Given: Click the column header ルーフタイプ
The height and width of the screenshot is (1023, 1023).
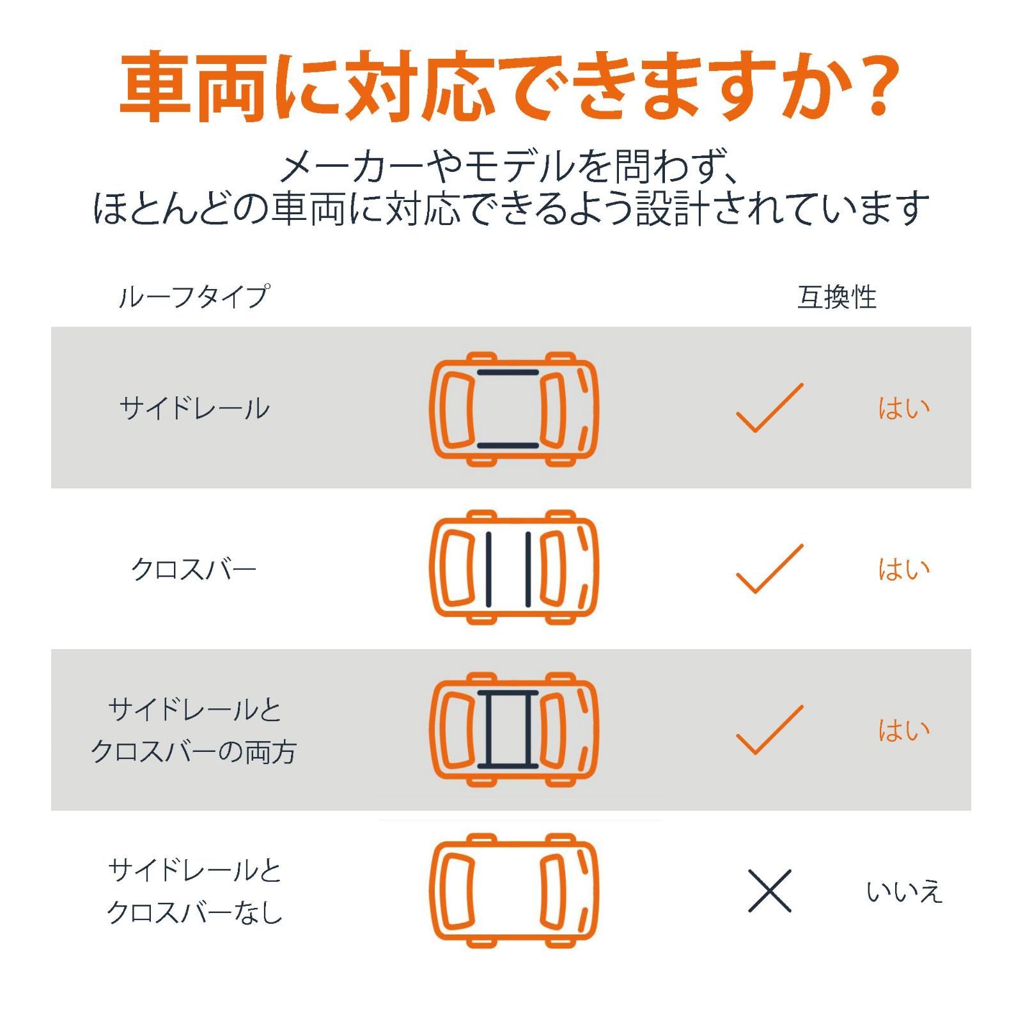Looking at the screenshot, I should pos(194,297).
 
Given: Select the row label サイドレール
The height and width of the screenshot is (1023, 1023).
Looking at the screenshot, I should pos(194,409).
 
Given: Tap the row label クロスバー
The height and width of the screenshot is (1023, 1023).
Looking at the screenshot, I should pos(194,569).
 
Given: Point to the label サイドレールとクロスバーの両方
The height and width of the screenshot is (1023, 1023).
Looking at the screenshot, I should pos(194,731).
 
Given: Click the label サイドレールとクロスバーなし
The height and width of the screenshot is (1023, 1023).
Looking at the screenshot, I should pos(194,891).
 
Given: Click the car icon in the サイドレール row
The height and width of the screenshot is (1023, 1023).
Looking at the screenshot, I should pos(513,409).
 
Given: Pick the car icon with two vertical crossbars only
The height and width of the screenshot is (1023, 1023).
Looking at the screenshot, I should pos(513,568).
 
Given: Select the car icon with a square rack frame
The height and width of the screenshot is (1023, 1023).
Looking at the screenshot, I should pos(513,730).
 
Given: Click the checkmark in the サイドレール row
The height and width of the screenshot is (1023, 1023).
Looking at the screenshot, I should pos(769,409).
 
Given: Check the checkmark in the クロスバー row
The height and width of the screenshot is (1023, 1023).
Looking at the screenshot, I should pos(769,569).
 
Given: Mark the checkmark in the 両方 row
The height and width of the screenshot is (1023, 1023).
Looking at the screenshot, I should pos(769,730).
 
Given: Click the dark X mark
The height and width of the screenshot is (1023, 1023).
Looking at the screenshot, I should pos(770,891).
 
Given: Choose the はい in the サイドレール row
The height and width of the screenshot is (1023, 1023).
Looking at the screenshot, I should pos(903,409).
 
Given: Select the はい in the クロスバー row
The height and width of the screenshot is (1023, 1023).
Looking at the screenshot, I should pos(903,569).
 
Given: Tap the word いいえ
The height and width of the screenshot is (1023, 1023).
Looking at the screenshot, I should pos(904,892).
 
